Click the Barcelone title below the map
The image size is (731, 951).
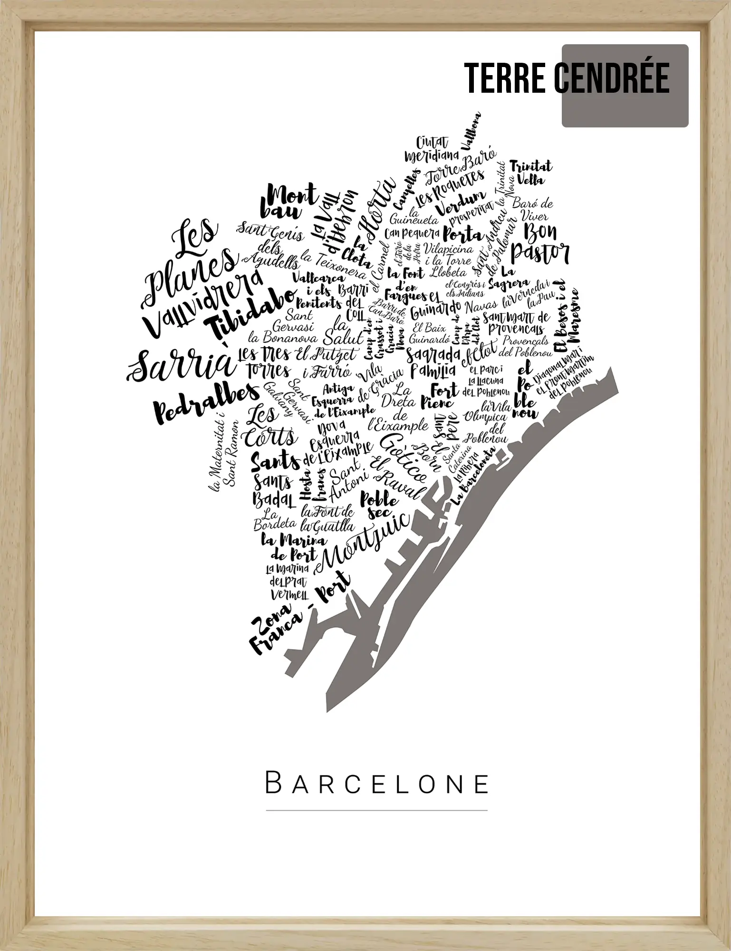(x=376, y=783)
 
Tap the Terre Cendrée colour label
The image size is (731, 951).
(x=567, y=78)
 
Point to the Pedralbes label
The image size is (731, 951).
(x=207, y=402)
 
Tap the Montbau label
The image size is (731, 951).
(x=287, y=201)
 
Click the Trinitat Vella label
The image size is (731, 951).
(x=531, y=173)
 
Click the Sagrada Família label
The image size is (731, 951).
(x=433, y=361)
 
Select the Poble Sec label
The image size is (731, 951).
(x=379, y=505)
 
